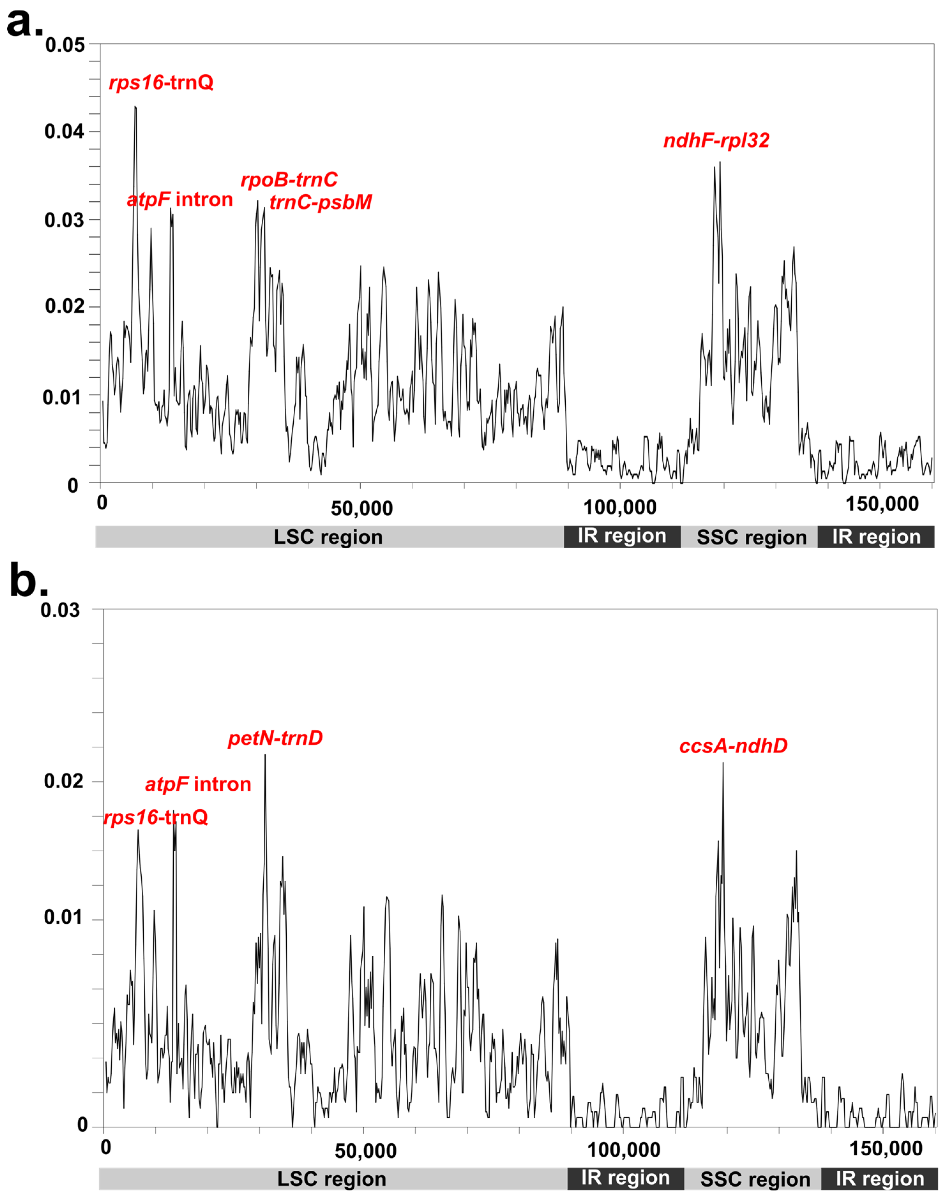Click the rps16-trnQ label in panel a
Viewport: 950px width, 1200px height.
point(161,83)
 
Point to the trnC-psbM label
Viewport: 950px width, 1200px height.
point(320,202)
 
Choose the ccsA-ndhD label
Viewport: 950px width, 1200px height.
point(733,746)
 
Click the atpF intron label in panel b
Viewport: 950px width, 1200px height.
point(198,784)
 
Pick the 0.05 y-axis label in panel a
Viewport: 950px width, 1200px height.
point(65,45)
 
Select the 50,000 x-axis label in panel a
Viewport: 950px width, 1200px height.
point(362,508)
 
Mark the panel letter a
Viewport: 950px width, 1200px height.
point(23,23)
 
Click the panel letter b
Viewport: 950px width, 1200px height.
point(28,581)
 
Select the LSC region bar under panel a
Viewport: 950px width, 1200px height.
point(329,537)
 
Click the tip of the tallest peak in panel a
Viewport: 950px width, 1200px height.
point(135,106)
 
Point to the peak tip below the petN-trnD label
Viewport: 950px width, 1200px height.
point(265,755)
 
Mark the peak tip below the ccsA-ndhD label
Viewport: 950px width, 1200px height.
point(723,763)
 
